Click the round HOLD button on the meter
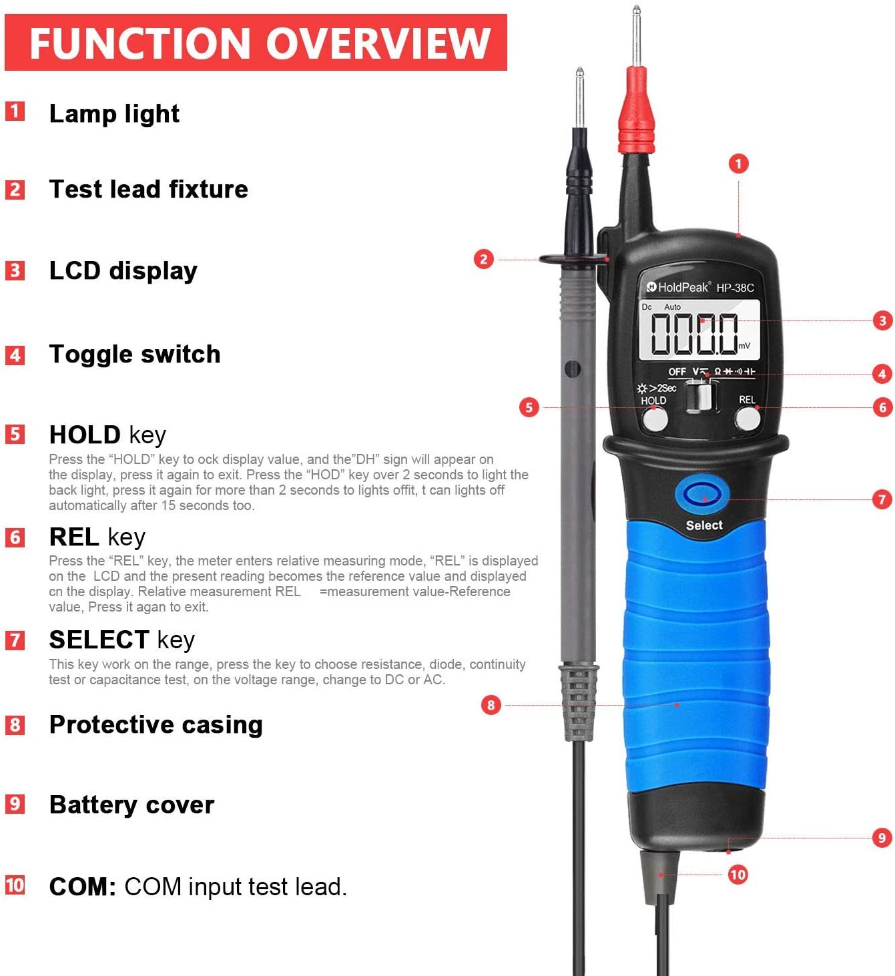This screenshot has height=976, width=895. pyautogui.click(x=655, y=419)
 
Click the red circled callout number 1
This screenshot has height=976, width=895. pyautogui.click(x=738, y=164)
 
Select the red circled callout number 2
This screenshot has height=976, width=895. pyautogui.click(x=484, y=259)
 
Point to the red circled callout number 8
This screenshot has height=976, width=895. pyautogui.click(x=491, y=704)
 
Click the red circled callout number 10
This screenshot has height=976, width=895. pyautogui.click(x=737, y=874)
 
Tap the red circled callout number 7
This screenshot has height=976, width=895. pyautogui.click(x=882, y=499)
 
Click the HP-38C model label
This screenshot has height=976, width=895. pyautogui.click(x=735, y=288)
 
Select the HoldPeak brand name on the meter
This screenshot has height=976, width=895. pyautogui.click(x=682, y=287)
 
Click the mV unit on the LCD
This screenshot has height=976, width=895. pyautogui.click(x=744, y=346)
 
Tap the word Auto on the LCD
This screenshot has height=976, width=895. pyautogui.click(x=672, y=307)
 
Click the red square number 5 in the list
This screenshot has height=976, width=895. pyautogui.click(x=15, y=434)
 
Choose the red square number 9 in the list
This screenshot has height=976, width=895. pyautogui.click(x=15, y=803)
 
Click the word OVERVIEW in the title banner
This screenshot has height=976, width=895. pyautogui.click(x=378, y=43)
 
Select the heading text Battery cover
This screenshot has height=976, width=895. pyautogui.click(x=131, y=804)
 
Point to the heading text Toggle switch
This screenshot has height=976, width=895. pyautogui.click(x=134, y=354)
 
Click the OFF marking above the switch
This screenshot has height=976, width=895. pyautogui.click(x=677, y=372)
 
